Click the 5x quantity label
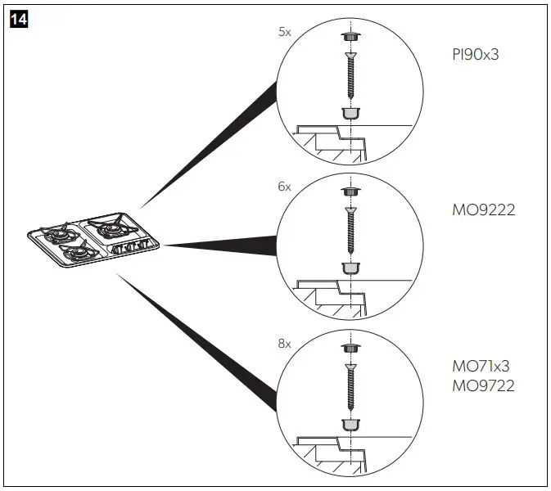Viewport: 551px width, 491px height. (284, 33)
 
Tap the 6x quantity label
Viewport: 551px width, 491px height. (284, 187)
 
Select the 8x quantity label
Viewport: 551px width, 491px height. (284, 344)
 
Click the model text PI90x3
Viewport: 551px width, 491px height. (475, 55)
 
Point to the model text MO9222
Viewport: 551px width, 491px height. (483, 210)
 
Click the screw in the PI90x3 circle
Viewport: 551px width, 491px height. (350, 73)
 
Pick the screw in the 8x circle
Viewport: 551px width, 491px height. (350, 385)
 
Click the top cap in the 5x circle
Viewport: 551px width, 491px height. (350, 37)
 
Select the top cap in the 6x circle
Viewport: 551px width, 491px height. (350, 192)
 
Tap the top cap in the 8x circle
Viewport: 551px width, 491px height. (350, 349)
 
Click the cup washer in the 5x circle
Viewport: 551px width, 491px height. (350, 112)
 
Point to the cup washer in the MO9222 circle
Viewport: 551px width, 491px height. (350, 267)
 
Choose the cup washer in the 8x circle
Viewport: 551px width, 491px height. (350, 424)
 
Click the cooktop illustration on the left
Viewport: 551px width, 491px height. (92, 241)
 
